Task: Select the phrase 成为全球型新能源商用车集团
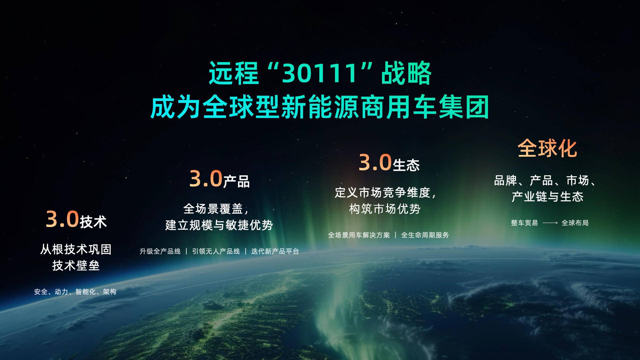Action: click(x=320, y=107)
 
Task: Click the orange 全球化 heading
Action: click(x=547, y=148)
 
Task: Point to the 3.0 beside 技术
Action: click(x=62, y=219)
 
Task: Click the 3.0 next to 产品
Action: click(x=206, y=179)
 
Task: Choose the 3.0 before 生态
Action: click(x=375, y=163)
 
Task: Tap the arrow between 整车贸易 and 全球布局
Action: click(x=550, y=223)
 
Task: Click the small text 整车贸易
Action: click(x=524, y=223)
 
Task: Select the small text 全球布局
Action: click(x=575, y=223)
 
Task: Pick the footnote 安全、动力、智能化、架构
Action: click(x=75, y=292)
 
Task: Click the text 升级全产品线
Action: click(x=160, y=251)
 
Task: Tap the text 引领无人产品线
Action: click(x=216, y=251)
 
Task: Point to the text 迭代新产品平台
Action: click(x=275, y=251)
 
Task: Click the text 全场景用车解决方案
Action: click(x=359, y=235)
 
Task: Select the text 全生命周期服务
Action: click(x=425, y=235)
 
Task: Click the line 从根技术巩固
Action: click(x=76, y=249)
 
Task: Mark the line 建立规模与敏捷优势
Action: click(x=219, y=225)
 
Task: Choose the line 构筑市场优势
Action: click(x=385, y=209)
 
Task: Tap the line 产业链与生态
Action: click(x=548, y=197)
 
